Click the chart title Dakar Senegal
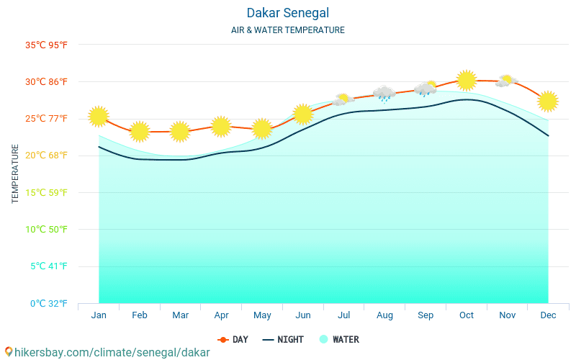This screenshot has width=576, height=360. pyautogui.click(x=287, y=13)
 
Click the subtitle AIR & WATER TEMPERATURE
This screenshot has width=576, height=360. pyautogui.click(x=287, y=30)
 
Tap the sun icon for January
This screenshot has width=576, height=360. pyautogui.click(x=99, y=116)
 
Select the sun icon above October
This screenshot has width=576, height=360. pyautogui.click(x=467, y=80)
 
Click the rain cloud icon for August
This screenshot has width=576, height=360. pyautogui.click(x=384, y=94)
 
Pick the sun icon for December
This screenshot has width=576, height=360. pyautogui.click(x=548, y=102)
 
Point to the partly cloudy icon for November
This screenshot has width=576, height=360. pyautogui.click(x=507, y=81)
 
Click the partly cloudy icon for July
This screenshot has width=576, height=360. pyautogui.click(x=343, y=99)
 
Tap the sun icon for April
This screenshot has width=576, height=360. pyautogui.click(x=221, y=127)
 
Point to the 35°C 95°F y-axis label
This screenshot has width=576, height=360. pyautogui.click(x=46, y=45)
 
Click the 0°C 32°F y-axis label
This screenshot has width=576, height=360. pyautogui.click(x=48, y=303)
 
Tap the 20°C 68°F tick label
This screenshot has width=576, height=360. pyautogui.click(x=46, y=156)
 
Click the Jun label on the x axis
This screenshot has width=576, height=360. pyautogui.click(x=303, y=315)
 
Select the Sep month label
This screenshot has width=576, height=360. pyautogui.click(x=426, y=315)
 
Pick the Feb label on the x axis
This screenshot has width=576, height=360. pyautogui.click(x=140, y=315)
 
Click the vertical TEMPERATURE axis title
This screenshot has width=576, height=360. pyautogui.click(x=15, y=174)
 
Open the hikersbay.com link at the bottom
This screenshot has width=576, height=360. pyautogui.click(x=107, y=353)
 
